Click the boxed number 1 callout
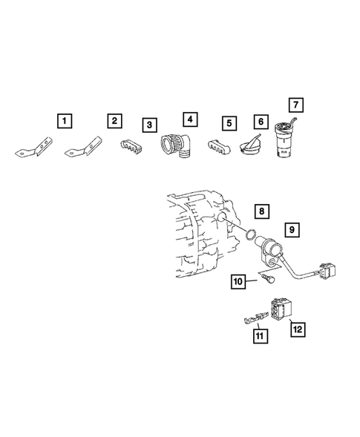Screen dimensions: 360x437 click(65, 121)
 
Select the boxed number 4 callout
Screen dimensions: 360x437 click(190, 119)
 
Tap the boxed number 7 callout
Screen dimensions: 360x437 click(295, 105)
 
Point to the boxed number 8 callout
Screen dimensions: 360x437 click(261, 211)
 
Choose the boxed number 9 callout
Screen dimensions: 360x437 click(292, 230)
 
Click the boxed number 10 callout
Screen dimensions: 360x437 click(238, 281)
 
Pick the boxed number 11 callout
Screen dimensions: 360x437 click(261, 336)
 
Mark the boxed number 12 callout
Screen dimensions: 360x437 click(298, 329)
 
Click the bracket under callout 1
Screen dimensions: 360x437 click(35, 148)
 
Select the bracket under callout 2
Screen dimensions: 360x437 click(84, 147)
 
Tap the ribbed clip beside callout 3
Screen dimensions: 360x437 click(131, 146)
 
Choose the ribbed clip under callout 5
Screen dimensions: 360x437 click(219, 146)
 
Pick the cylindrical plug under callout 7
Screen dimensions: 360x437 click(284, 138)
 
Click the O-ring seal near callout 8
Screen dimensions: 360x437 click(251, 234)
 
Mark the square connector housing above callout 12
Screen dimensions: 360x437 click(281, 308)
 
